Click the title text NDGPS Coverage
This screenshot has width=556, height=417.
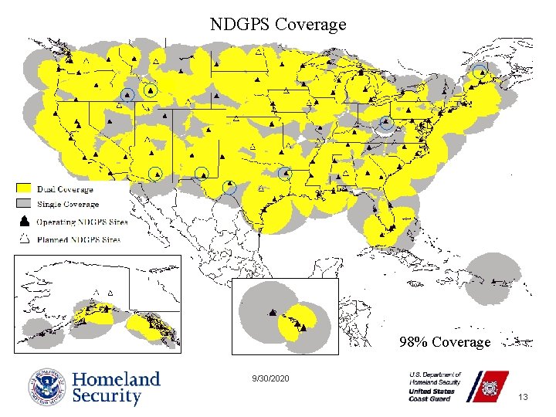pyautogui.click(x=278, y=25)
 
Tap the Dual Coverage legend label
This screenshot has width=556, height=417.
pyautogui.click(x=65, y=189)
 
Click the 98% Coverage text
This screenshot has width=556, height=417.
pyautogui.click(x=444, y=341)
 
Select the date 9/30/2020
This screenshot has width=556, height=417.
pyautogui.click(x=270, y=379)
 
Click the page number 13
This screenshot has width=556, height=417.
pyautogui.click(x=523, y=397)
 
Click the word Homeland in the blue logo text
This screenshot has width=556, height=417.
pyautogui.click(x=116, y=379)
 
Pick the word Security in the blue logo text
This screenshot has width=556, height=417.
pyautogui.click(x=107, y=397)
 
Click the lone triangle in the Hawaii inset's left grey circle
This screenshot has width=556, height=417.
pyautogui.click(x=272, y=313)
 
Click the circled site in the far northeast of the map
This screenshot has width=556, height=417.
pyautogui.click(x=481, y=73)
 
